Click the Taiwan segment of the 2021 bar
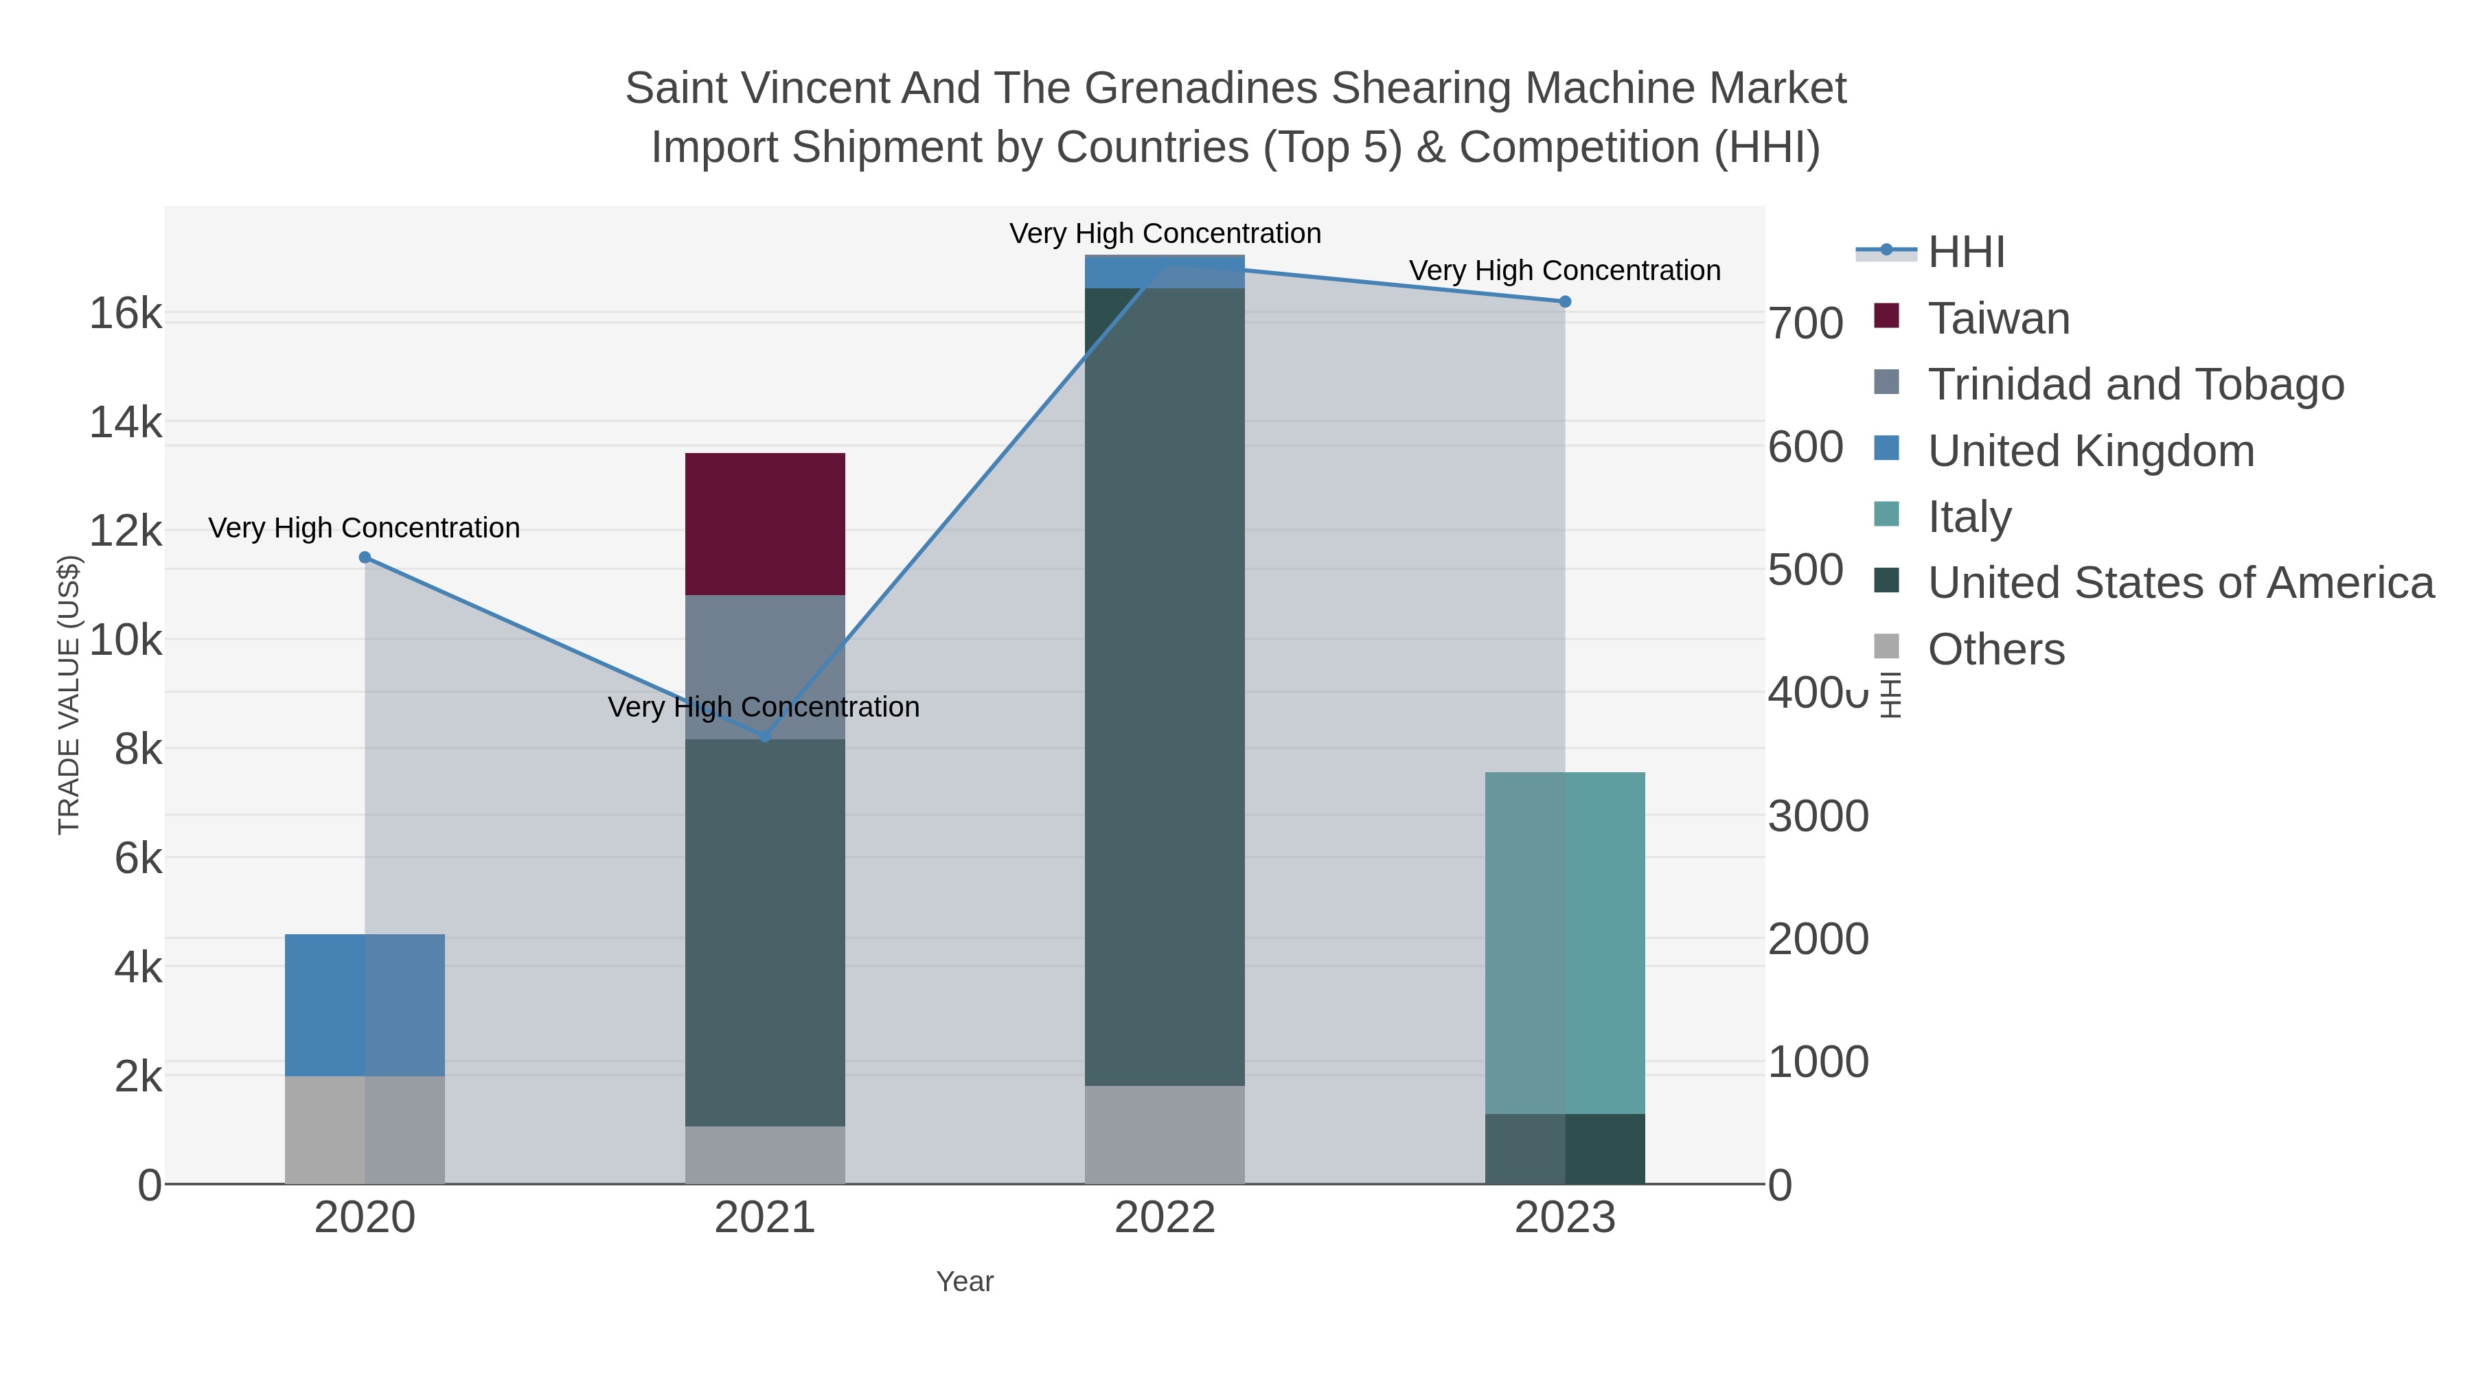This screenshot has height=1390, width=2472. point(765,524)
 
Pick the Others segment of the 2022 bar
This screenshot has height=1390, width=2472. point(1164,1134)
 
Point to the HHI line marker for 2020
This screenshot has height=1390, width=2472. point(365,557)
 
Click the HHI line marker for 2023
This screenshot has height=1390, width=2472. point(1564,301)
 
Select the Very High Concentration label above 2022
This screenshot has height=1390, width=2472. point(1164,233)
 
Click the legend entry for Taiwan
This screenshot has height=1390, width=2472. point(1998,318)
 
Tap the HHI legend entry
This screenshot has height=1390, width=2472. point(1965,253)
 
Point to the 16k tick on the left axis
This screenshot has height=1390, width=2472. point(126,314)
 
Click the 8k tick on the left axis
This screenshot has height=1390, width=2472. point(138,749)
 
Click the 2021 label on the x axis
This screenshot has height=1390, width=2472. point(765,1218)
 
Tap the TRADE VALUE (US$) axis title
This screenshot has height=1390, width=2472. point(69,695)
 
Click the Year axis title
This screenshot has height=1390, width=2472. point(965,1282)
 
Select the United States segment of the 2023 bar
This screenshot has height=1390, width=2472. point(1564,1148)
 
